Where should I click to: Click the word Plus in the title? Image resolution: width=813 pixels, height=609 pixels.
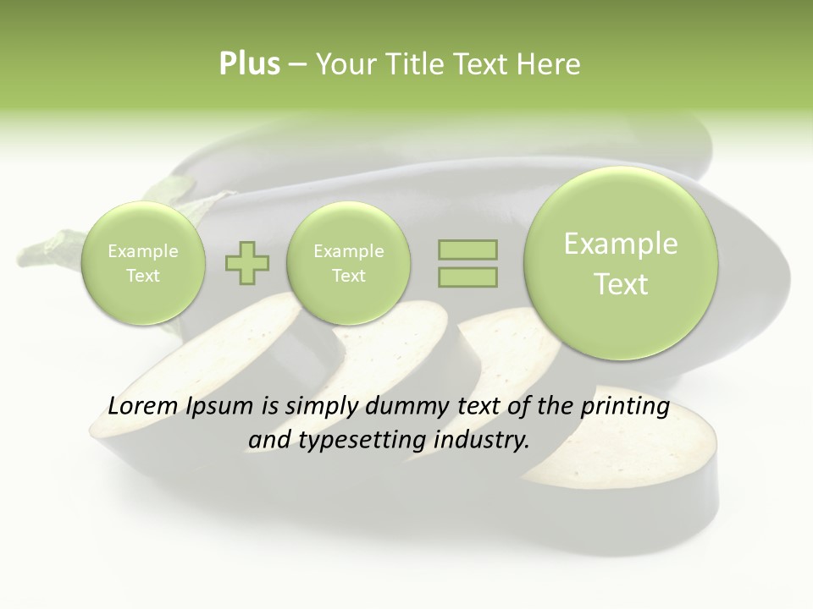(249, 64)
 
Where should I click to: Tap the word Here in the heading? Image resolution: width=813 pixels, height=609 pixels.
(551, 64)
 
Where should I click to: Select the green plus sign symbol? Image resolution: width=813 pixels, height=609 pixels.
(247, 263)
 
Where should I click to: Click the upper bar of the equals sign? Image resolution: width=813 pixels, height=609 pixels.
(467, 250)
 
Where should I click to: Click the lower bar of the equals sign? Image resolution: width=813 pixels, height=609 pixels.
(467, 277)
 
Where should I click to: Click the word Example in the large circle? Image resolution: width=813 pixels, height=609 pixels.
(621, 244)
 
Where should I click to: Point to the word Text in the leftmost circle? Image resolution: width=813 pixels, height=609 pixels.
(142, 276)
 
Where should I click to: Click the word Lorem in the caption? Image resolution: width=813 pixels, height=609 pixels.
(141, 407)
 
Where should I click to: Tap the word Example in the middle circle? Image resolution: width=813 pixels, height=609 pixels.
(348, 251)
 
